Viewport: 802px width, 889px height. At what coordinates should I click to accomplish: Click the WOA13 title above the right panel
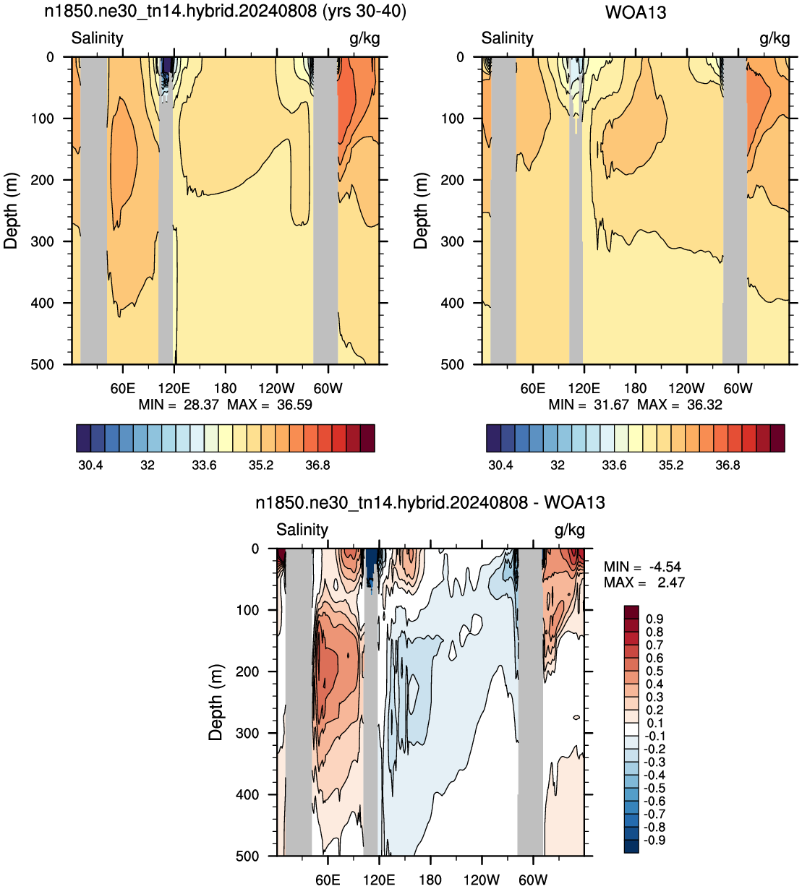pos(635,12)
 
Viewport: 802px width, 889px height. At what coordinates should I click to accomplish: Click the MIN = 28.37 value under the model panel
pos(179,405)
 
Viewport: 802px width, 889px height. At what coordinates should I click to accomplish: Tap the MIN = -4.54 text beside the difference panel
pos(642,567)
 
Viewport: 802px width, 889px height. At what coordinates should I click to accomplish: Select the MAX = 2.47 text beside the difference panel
pos(644,583)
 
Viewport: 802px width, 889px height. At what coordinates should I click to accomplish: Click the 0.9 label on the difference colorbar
pos(654,619)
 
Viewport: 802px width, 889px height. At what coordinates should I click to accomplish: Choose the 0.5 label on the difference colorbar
pos(654,671)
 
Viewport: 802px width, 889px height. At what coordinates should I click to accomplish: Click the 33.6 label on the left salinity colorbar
pos(204,465)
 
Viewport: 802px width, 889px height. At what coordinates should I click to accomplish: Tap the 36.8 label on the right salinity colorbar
pos(728,465)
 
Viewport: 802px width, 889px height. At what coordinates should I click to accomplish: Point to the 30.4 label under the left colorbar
pos(90,465)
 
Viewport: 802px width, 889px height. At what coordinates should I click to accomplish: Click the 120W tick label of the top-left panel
pos(276,389)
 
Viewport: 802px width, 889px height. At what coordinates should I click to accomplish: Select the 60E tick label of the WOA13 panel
pos(532,389)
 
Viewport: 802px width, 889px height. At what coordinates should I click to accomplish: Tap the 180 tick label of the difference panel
pos(430,880)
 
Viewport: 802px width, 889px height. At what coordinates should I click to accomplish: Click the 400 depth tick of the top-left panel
pos(43,303)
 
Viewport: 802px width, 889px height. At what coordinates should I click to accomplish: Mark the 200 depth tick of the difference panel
pos(247,671)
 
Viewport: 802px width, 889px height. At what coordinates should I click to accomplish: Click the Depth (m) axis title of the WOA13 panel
pos(420,210)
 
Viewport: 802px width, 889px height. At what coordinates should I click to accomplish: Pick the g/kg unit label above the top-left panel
pos(364,39)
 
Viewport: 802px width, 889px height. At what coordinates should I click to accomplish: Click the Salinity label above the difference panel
pos(302,530)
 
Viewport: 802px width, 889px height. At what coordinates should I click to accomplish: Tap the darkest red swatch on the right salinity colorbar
pos(777,438)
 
